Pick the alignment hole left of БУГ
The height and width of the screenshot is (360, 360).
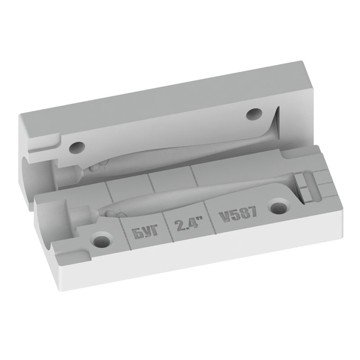[102, 241]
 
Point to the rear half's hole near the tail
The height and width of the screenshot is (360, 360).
[254, 114]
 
